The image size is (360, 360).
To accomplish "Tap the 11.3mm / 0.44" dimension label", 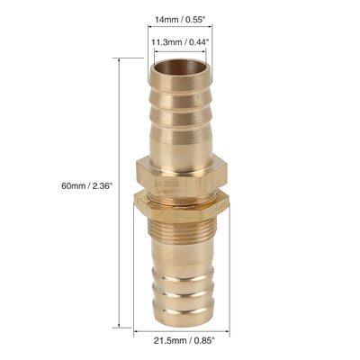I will click(181, 41).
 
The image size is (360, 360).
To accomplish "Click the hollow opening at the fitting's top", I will click(181, 67).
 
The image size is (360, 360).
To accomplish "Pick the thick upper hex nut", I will click(181, 176).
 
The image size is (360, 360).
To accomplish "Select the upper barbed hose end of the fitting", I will click(181, 112).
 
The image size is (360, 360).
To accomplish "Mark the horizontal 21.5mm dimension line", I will click(181, 328).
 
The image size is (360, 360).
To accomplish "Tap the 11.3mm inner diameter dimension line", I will click(181, 52).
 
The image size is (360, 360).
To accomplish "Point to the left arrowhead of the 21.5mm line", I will click(137, 328).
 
